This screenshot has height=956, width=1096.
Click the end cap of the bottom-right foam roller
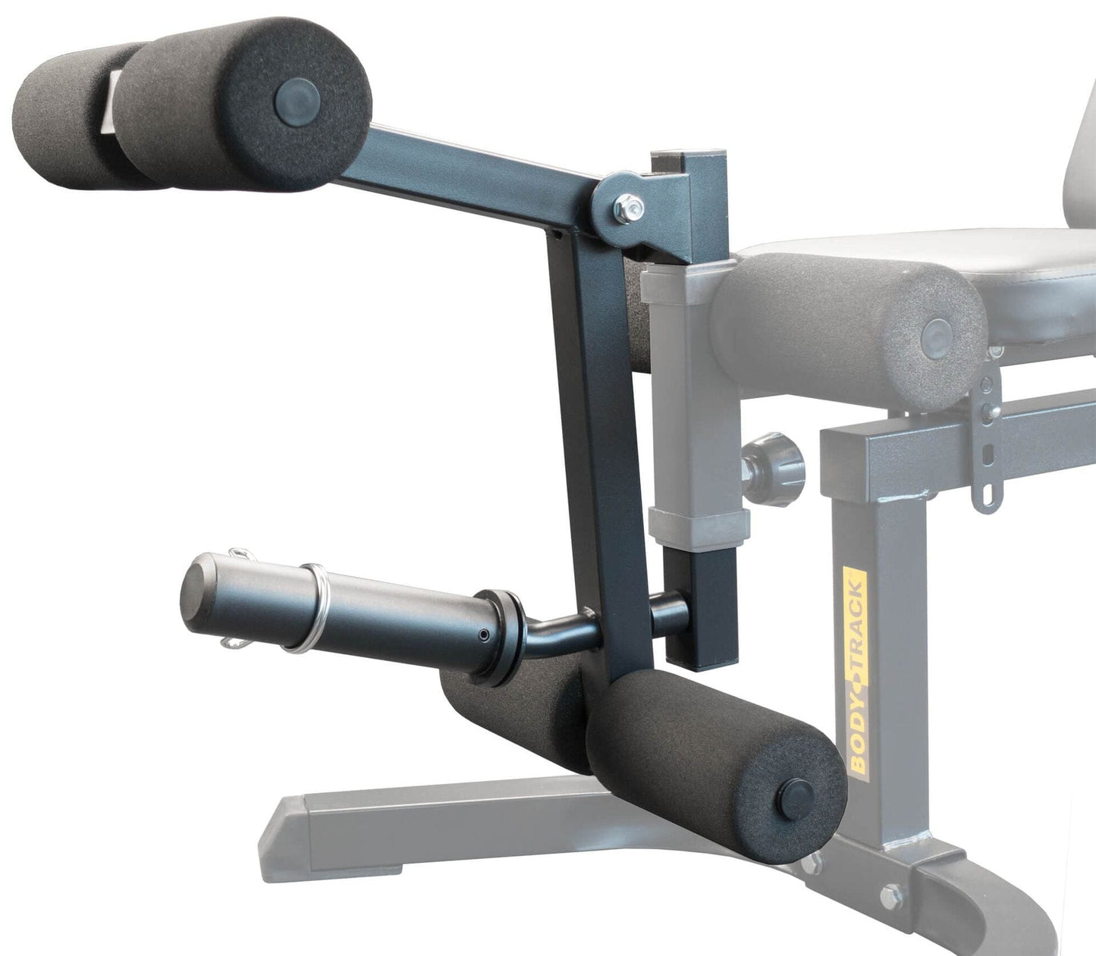pyautogui.click(x=797, y=793)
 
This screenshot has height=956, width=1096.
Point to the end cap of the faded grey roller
pyautogui.click(x=939, y=334)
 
